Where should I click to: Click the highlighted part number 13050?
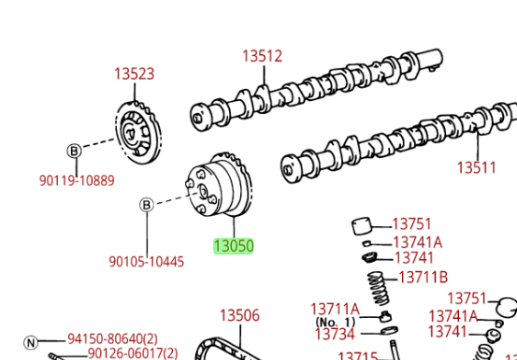[234, 246]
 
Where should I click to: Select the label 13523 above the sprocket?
[135, 74]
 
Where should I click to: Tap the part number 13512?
[263, 56]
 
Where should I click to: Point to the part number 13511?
[477, 167]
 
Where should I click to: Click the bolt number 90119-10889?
[77, 180]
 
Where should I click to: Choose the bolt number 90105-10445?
[147, 262]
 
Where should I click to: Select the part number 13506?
[239, 315]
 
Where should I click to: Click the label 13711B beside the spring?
[423, 278]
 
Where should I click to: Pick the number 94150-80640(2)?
[112, 338]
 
